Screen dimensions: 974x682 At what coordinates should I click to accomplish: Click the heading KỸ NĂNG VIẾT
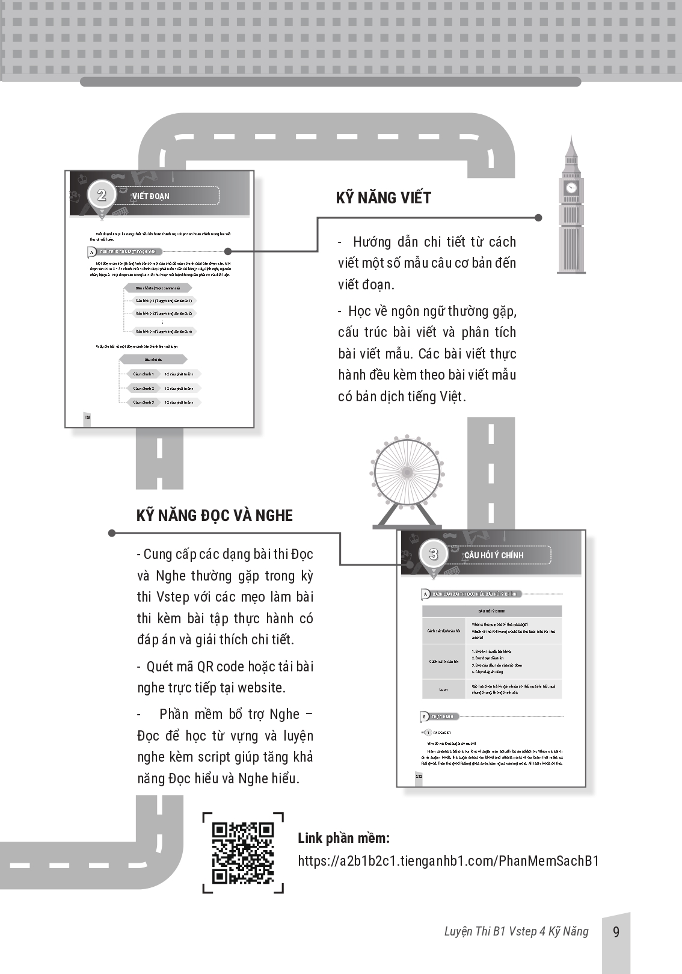(383, 198)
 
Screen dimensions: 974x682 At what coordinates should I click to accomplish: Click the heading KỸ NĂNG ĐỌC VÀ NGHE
(215, 516)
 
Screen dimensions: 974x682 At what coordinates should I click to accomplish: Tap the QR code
(243, 852)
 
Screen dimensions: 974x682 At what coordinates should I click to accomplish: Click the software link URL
(449, 860)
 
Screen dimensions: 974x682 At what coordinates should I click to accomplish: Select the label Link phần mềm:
(343, 838)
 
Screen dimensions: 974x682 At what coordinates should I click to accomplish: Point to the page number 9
(616, 932)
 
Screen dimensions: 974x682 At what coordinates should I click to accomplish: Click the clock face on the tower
(571, 188)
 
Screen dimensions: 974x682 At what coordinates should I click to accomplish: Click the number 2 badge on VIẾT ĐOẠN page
(102, 194)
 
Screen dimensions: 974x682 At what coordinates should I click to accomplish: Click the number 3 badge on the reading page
(433, 553)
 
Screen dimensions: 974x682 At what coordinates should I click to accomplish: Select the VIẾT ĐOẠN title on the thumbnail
(151, 196)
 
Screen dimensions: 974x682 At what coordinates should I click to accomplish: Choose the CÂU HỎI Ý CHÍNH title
(494, 555)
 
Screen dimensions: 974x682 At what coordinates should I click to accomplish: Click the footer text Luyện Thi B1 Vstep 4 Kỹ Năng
(516, 931)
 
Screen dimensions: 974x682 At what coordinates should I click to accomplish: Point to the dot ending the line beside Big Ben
(538, 218)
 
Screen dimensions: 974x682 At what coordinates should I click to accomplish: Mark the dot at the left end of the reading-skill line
(112, 533)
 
